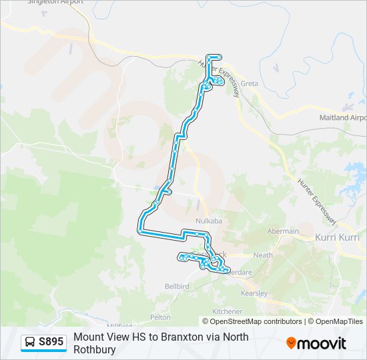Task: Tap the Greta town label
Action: click(249, 83)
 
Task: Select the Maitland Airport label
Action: click(343, 118)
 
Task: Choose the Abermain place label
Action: click(283, 231)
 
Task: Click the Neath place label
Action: click(264, 255)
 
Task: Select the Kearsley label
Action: click(254, 293)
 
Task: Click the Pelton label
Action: click(161, 317)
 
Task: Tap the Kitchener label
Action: click(227, 311)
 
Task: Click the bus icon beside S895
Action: click(30, 343)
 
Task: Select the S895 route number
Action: click(51, 343)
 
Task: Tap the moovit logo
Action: click(316, 343)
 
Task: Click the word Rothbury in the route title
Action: click(95, 349)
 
